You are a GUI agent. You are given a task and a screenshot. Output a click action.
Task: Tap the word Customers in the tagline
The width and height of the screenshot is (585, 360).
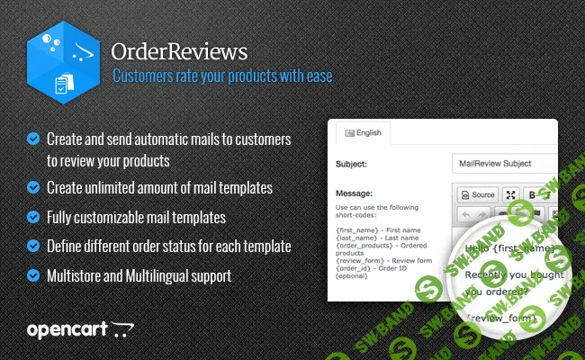pyautogui.click(x=142, y=76)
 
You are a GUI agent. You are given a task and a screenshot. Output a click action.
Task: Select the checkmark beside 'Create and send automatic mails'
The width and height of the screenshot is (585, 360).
pyautogui.click(x=33, y=139)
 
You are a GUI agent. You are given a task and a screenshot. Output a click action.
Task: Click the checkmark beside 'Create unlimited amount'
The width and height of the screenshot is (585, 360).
pyautogui.click(x=33, y=187)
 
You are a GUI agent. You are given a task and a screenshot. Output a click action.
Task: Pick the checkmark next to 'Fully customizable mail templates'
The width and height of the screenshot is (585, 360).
pyautogui.click(x=33, y=217)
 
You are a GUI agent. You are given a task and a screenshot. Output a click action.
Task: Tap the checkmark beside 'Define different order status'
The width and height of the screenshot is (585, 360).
pyautogui.click(x=33, y=245)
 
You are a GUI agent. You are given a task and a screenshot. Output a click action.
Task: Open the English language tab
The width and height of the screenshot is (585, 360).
pyautogui.click(x=364, y=133)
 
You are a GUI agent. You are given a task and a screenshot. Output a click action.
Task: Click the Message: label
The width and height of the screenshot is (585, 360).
pyautogui.click(x=355, y=193)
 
